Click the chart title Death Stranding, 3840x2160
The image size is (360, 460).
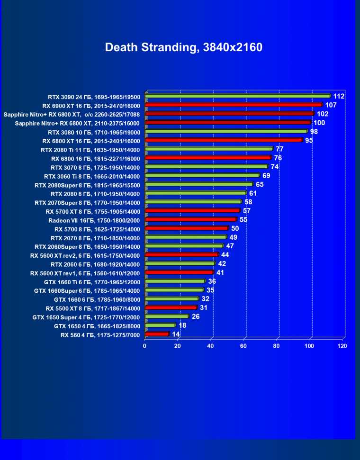183,47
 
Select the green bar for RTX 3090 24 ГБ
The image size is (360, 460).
237,96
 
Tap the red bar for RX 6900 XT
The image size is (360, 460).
233,105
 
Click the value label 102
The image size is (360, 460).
323,114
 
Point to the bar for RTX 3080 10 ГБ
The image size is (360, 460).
226,132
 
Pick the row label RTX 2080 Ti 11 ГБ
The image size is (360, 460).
90,150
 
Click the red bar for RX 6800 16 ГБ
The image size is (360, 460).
207,158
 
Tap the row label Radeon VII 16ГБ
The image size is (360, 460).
94,220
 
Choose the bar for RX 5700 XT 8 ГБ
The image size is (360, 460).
192,211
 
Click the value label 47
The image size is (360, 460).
230,246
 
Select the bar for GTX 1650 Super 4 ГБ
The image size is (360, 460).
166,316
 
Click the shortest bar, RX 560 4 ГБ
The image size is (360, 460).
156,334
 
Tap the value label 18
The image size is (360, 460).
182,325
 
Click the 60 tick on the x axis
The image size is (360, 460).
244,346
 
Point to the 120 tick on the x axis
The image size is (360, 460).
342,346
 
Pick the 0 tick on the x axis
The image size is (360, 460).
145,346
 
